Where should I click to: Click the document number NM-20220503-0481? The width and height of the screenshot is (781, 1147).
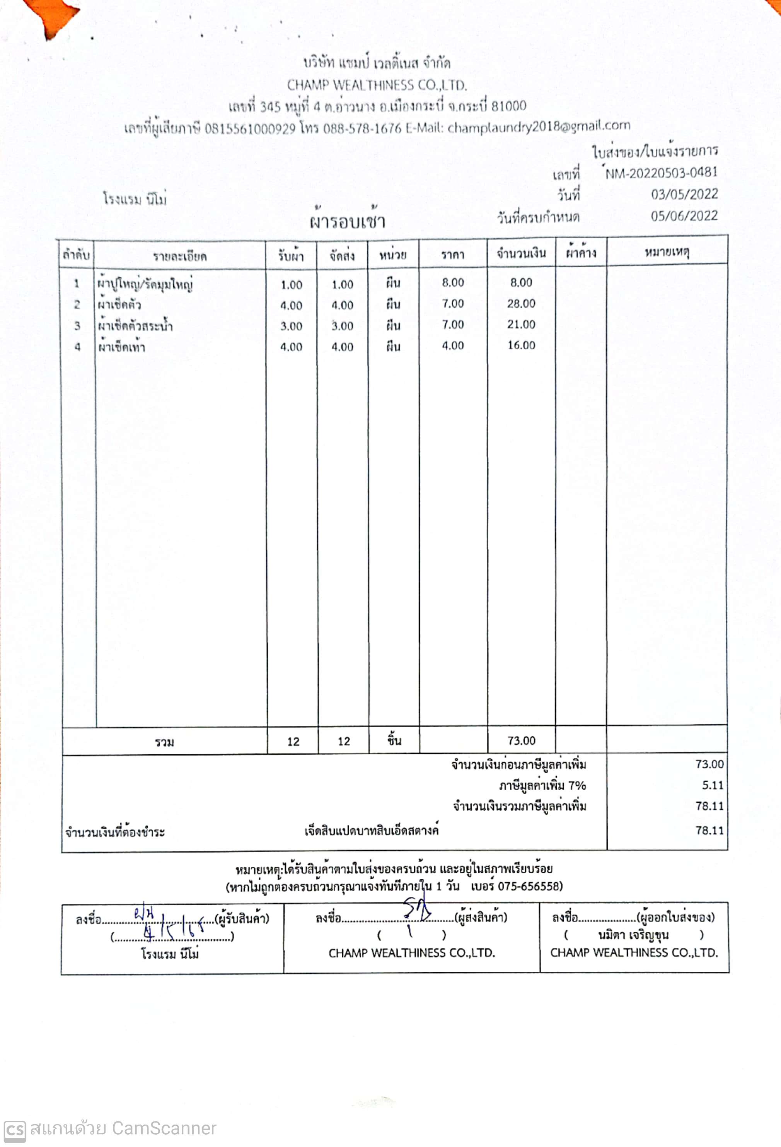pos(661,173)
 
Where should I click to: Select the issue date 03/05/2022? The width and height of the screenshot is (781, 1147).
pos(684,195)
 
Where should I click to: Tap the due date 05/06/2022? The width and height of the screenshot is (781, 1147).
pos(684,216)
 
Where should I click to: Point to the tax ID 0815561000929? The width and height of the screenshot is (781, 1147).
pos(250,129)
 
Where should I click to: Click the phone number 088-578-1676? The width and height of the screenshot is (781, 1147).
pos(362,128)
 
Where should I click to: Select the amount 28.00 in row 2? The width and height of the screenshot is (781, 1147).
pos(521,304)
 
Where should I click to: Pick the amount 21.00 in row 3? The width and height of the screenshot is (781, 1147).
pos(521,324)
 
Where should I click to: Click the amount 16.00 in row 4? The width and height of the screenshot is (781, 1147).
pos(521,345)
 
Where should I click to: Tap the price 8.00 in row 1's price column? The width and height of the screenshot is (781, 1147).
pos(452,282)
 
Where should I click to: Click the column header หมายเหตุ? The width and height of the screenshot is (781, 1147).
pos(667,253)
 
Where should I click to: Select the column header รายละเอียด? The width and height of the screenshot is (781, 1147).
pos(179,256)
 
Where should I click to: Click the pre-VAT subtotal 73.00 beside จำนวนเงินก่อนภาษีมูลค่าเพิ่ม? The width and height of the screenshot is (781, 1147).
pos(709,764)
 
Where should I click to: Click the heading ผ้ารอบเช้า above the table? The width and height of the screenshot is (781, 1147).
pos(347,222)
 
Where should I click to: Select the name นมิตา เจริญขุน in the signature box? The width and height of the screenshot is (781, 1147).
pos(633,935)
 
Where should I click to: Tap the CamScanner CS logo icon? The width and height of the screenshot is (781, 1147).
pos(14,1129)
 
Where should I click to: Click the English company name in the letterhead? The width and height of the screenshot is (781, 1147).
pos(377,85)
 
